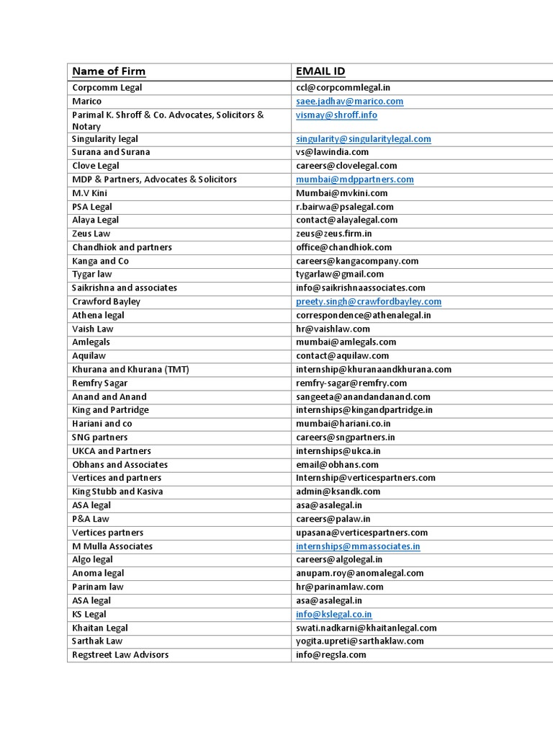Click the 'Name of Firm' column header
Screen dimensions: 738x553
pos(109,71)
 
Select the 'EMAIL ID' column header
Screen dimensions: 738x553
pos(320,71)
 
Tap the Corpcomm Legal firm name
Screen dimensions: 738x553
pos(107,87)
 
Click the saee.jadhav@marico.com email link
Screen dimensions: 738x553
pos(350,102)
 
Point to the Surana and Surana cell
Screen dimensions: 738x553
pos(111,152)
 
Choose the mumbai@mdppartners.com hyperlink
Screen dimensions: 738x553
pos(355,179)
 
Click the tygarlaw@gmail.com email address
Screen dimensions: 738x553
pos(340,274)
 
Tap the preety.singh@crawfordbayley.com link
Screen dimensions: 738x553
pos(369,301)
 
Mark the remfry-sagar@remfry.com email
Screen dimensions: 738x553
pos(351,383)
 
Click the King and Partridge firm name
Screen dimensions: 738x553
pos(110,410)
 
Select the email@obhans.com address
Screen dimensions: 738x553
pos(337,464)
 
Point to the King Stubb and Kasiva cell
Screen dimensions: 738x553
pos(117,492)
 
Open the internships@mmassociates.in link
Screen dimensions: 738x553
pos(358,546)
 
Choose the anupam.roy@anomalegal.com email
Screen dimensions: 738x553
pos(360,573)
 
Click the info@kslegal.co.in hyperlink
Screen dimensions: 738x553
pos(334,614)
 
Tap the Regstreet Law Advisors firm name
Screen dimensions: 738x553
pos(120,654)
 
